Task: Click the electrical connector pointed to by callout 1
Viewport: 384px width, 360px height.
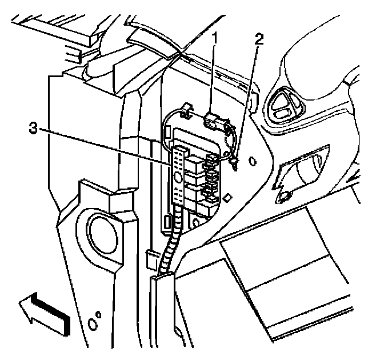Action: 213,121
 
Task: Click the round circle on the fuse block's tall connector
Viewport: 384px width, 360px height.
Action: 178,178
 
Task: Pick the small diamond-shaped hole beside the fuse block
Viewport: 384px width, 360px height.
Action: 227,197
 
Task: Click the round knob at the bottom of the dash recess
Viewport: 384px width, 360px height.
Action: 283,198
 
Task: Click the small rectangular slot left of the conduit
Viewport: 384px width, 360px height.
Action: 166,222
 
